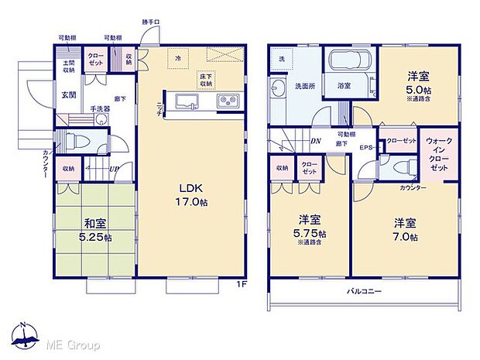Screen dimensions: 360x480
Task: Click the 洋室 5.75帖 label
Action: [310, 227]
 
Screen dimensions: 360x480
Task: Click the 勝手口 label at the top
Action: [151, 22]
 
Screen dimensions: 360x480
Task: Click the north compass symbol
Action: [25, 335]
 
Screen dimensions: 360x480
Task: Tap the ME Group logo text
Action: [75, 342]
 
